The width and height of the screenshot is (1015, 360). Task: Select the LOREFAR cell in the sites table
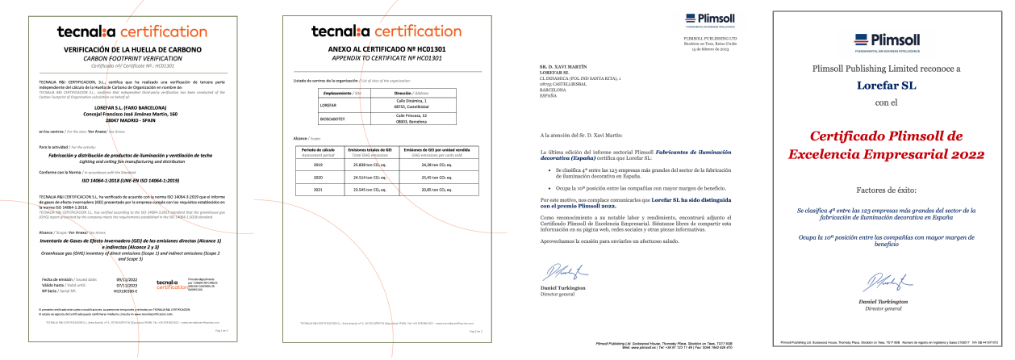[x=330, y=105]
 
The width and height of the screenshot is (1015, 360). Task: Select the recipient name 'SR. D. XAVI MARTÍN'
[x=562, y=67]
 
